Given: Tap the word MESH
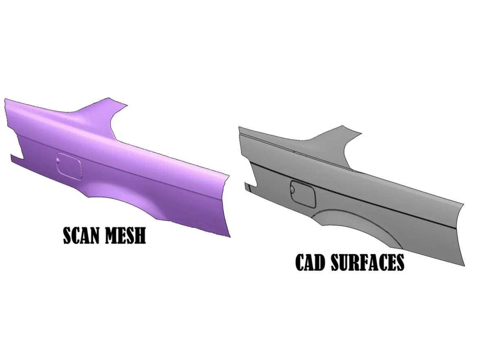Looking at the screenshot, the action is pos(126,236).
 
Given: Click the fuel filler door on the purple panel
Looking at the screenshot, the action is pos(69,166).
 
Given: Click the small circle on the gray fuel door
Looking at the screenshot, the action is pos(293,190).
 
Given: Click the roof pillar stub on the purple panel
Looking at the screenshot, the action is pos(98,108).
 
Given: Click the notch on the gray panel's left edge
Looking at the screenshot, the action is pos(250,187).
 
